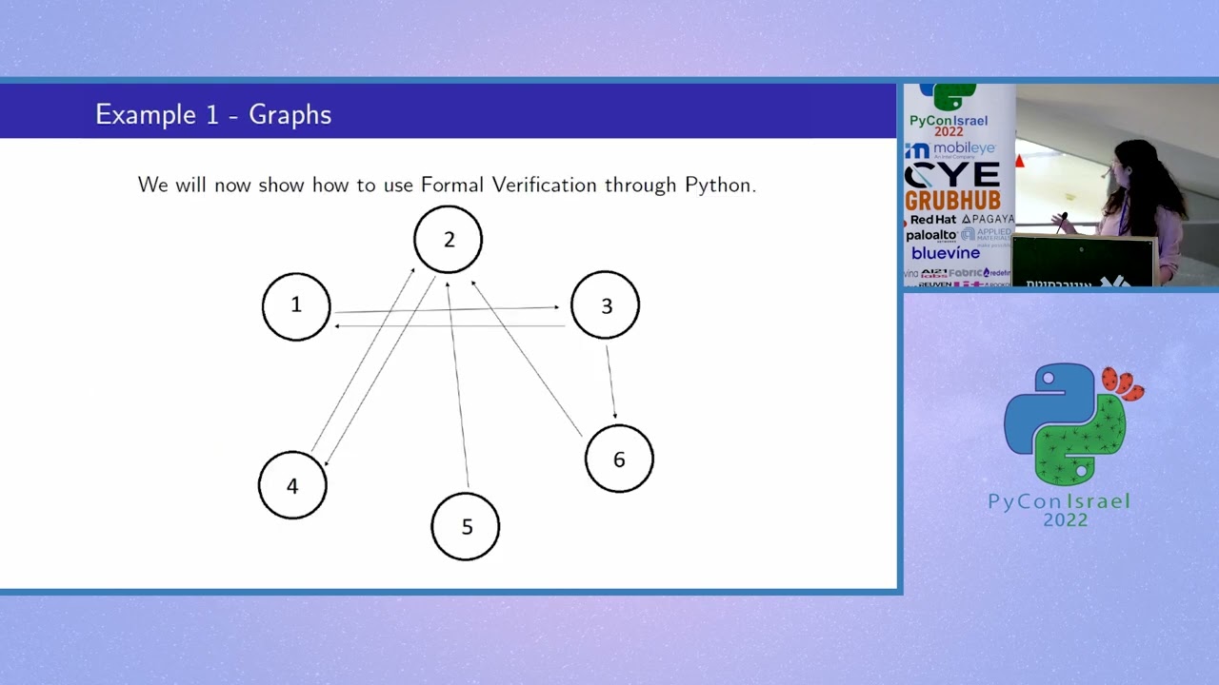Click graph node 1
pyautogui.click(x=296, y=306)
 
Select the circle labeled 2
pyautogui.click(x=449, y=240)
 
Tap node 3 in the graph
pyautogui.click(x=606, y=305)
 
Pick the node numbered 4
pyautogui.click(x=292, y=485)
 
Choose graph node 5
pyautogui.click(x=466, y=527)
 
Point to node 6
pyautogui.click(x=619, y=460)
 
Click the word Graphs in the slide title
pyautogui.click(x=290, y=115)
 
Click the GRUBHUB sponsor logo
pyautogui.click(x=952, y=201)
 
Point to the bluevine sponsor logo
pyautogui.click(x=945, y=253)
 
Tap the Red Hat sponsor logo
pyautogui.click(x=932, y=220)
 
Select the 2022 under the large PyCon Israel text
pyautogui.click(x=1065, y=520)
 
